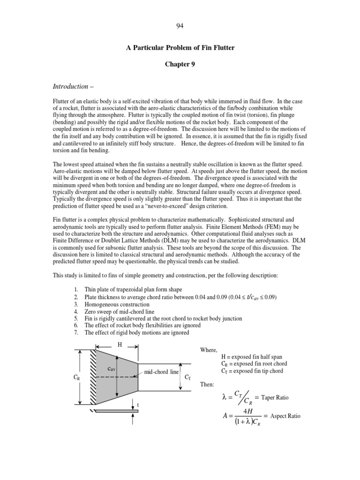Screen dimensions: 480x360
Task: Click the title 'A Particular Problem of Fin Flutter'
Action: click(180, 48)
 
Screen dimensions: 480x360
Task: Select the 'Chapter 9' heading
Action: click(180, 64)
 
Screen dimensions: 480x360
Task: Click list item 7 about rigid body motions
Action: click(136, 332)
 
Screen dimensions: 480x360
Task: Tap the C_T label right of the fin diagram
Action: click(187, 377)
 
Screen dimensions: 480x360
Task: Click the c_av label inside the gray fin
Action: click(112, 369)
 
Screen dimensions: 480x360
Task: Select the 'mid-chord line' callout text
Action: click(161, 372)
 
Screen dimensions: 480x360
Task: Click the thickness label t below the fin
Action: click(138, 405)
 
